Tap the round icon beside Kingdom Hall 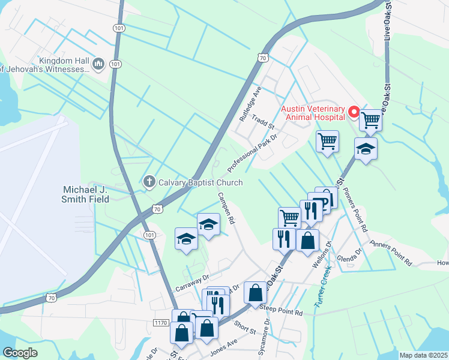[99, 64]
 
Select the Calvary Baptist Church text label [200, 182]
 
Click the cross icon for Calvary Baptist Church [149, 181]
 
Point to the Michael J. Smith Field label [86, 194]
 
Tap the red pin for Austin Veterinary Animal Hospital [354, 112]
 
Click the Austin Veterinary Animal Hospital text [313, 113]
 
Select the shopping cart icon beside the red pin [371, 121]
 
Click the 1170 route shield [160, 323]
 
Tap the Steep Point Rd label [282, 310]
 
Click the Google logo [20, 353]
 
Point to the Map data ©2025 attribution [423, 355]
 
